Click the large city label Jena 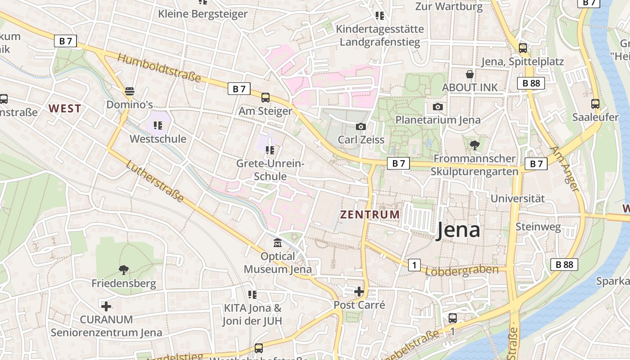458,230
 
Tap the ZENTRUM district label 370,215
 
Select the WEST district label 65,108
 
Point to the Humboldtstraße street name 159,68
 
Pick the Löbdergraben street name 462,270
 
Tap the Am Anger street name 564,169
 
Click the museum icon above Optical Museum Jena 278,243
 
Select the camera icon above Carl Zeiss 361,127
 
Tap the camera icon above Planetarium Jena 437,107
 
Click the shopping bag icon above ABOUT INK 470,74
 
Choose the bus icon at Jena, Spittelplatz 522,48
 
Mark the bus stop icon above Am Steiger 265,98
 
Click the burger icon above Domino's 130,91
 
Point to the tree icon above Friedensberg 123,270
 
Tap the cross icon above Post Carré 359,292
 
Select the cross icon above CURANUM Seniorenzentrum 106,306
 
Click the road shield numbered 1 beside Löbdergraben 414,265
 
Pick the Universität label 517,198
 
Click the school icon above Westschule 157,126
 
